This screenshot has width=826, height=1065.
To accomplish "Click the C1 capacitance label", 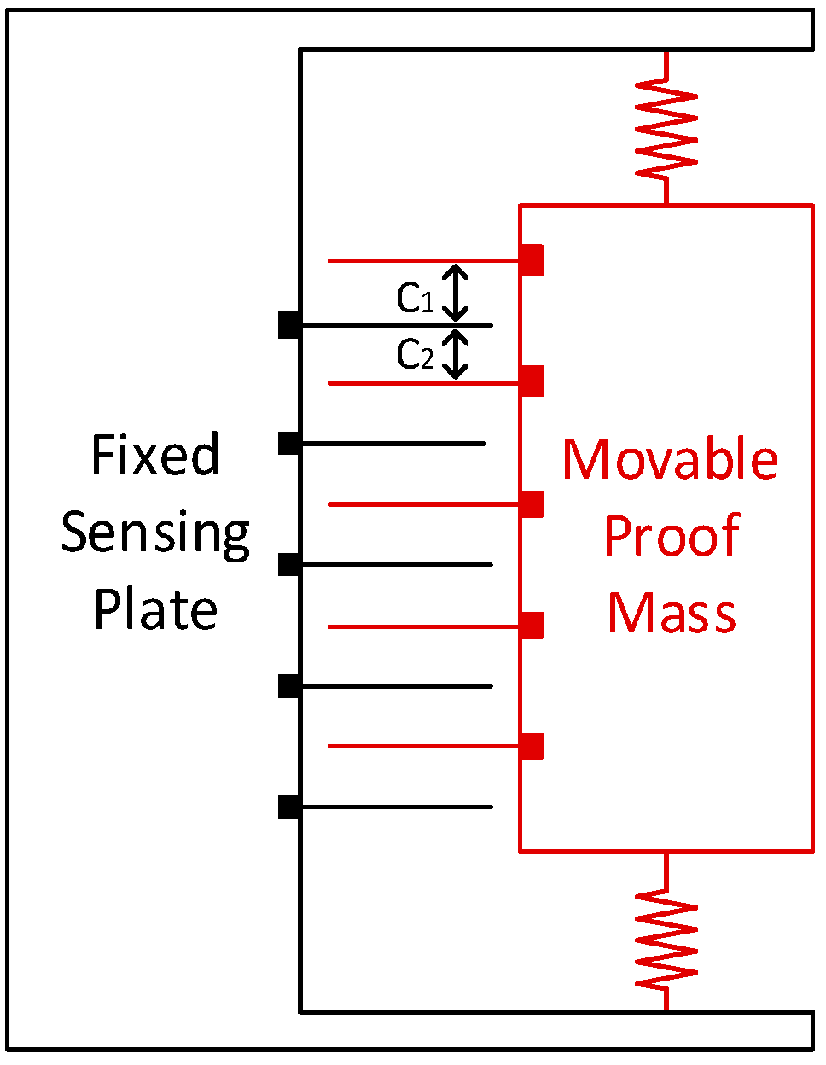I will coord(416,299).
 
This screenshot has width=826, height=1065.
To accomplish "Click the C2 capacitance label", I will coord(416,354).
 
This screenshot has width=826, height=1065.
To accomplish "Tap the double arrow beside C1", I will coord(457,293).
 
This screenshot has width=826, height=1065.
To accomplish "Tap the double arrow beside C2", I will coord(457,354).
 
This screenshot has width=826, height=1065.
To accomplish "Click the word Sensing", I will coord(155,534).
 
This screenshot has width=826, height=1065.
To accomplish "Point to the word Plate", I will coord(155,609).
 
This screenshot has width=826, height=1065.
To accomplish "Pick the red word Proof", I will coord(671,537).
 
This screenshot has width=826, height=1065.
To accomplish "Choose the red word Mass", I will coord(671,614).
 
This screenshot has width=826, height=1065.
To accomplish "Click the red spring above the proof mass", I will coord(666,128).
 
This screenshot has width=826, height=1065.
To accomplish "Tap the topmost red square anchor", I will coord(532,259).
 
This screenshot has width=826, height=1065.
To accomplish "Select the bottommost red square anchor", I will coord(532,747).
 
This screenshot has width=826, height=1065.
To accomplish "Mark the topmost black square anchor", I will coord(289,325).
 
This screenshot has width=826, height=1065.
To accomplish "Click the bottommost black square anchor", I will coord(289,806).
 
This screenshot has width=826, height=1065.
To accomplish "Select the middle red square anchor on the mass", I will coord(532,504).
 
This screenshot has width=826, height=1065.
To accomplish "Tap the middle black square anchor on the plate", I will coord(289,565).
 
